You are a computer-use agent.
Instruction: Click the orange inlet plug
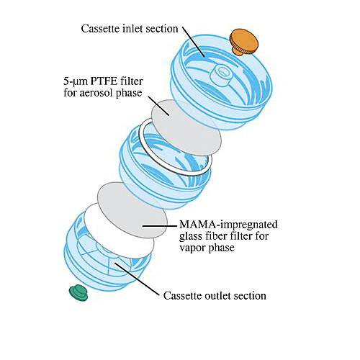click(244, 42)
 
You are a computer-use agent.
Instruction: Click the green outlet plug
click(78, 292)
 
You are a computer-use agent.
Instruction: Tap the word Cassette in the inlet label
click(100, 29)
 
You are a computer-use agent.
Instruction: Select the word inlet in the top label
click(132, 29)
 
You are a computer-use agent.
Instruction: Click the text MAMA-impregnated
click(228, 225)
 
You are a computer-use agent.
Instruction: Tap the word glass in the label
click(191, 236)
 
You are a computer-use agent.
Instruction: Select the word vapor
click(192, 248)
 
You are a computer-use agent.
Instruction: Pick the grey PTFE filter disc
click(186, 127)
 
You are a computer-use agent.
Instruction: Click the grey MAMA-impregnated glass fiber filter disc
click(132, 210)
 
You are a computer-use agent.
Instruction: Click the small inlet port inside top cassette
click(221, 75)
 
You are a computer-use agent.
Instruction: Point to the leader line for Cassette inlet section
click(193, 42)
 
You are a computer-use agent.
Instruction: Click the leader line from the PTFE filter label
click(158, 106)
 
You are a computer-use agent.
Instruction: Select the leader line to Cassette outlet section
click(137, 279)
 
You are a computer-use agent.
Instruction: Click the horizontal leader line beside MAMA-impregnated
click(159, 225)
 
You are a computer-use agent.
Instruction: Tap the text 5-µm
click(76, 81)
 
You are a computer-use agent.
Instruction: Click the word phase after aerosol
click(129, 93)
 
